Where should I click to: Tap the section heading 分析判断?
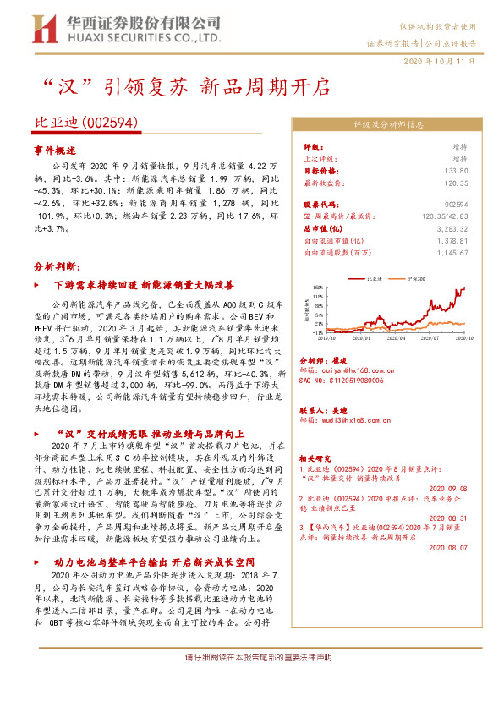(55, 266)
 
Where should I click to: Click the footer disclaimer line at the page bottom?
(251, 682)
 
